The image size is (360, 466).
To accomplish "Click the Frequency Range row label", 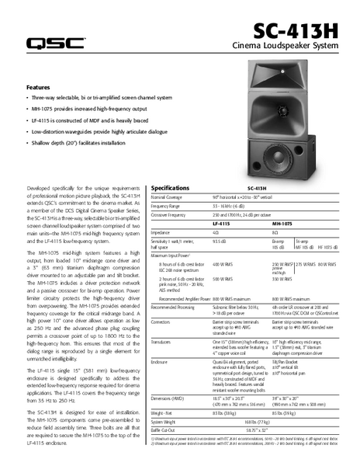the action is point(171,206).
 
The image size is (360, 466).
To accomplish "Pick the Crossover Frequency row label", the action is point(174,214).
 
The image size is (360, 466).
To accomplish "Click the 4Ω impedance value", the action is point(216,232).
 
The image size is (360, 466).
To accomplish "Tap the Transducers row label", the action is point(164,342).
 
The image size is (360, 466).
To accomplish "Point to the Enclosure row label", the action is point(163,361).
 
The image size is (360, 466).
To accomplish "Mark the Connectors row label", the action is point(164,321).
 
